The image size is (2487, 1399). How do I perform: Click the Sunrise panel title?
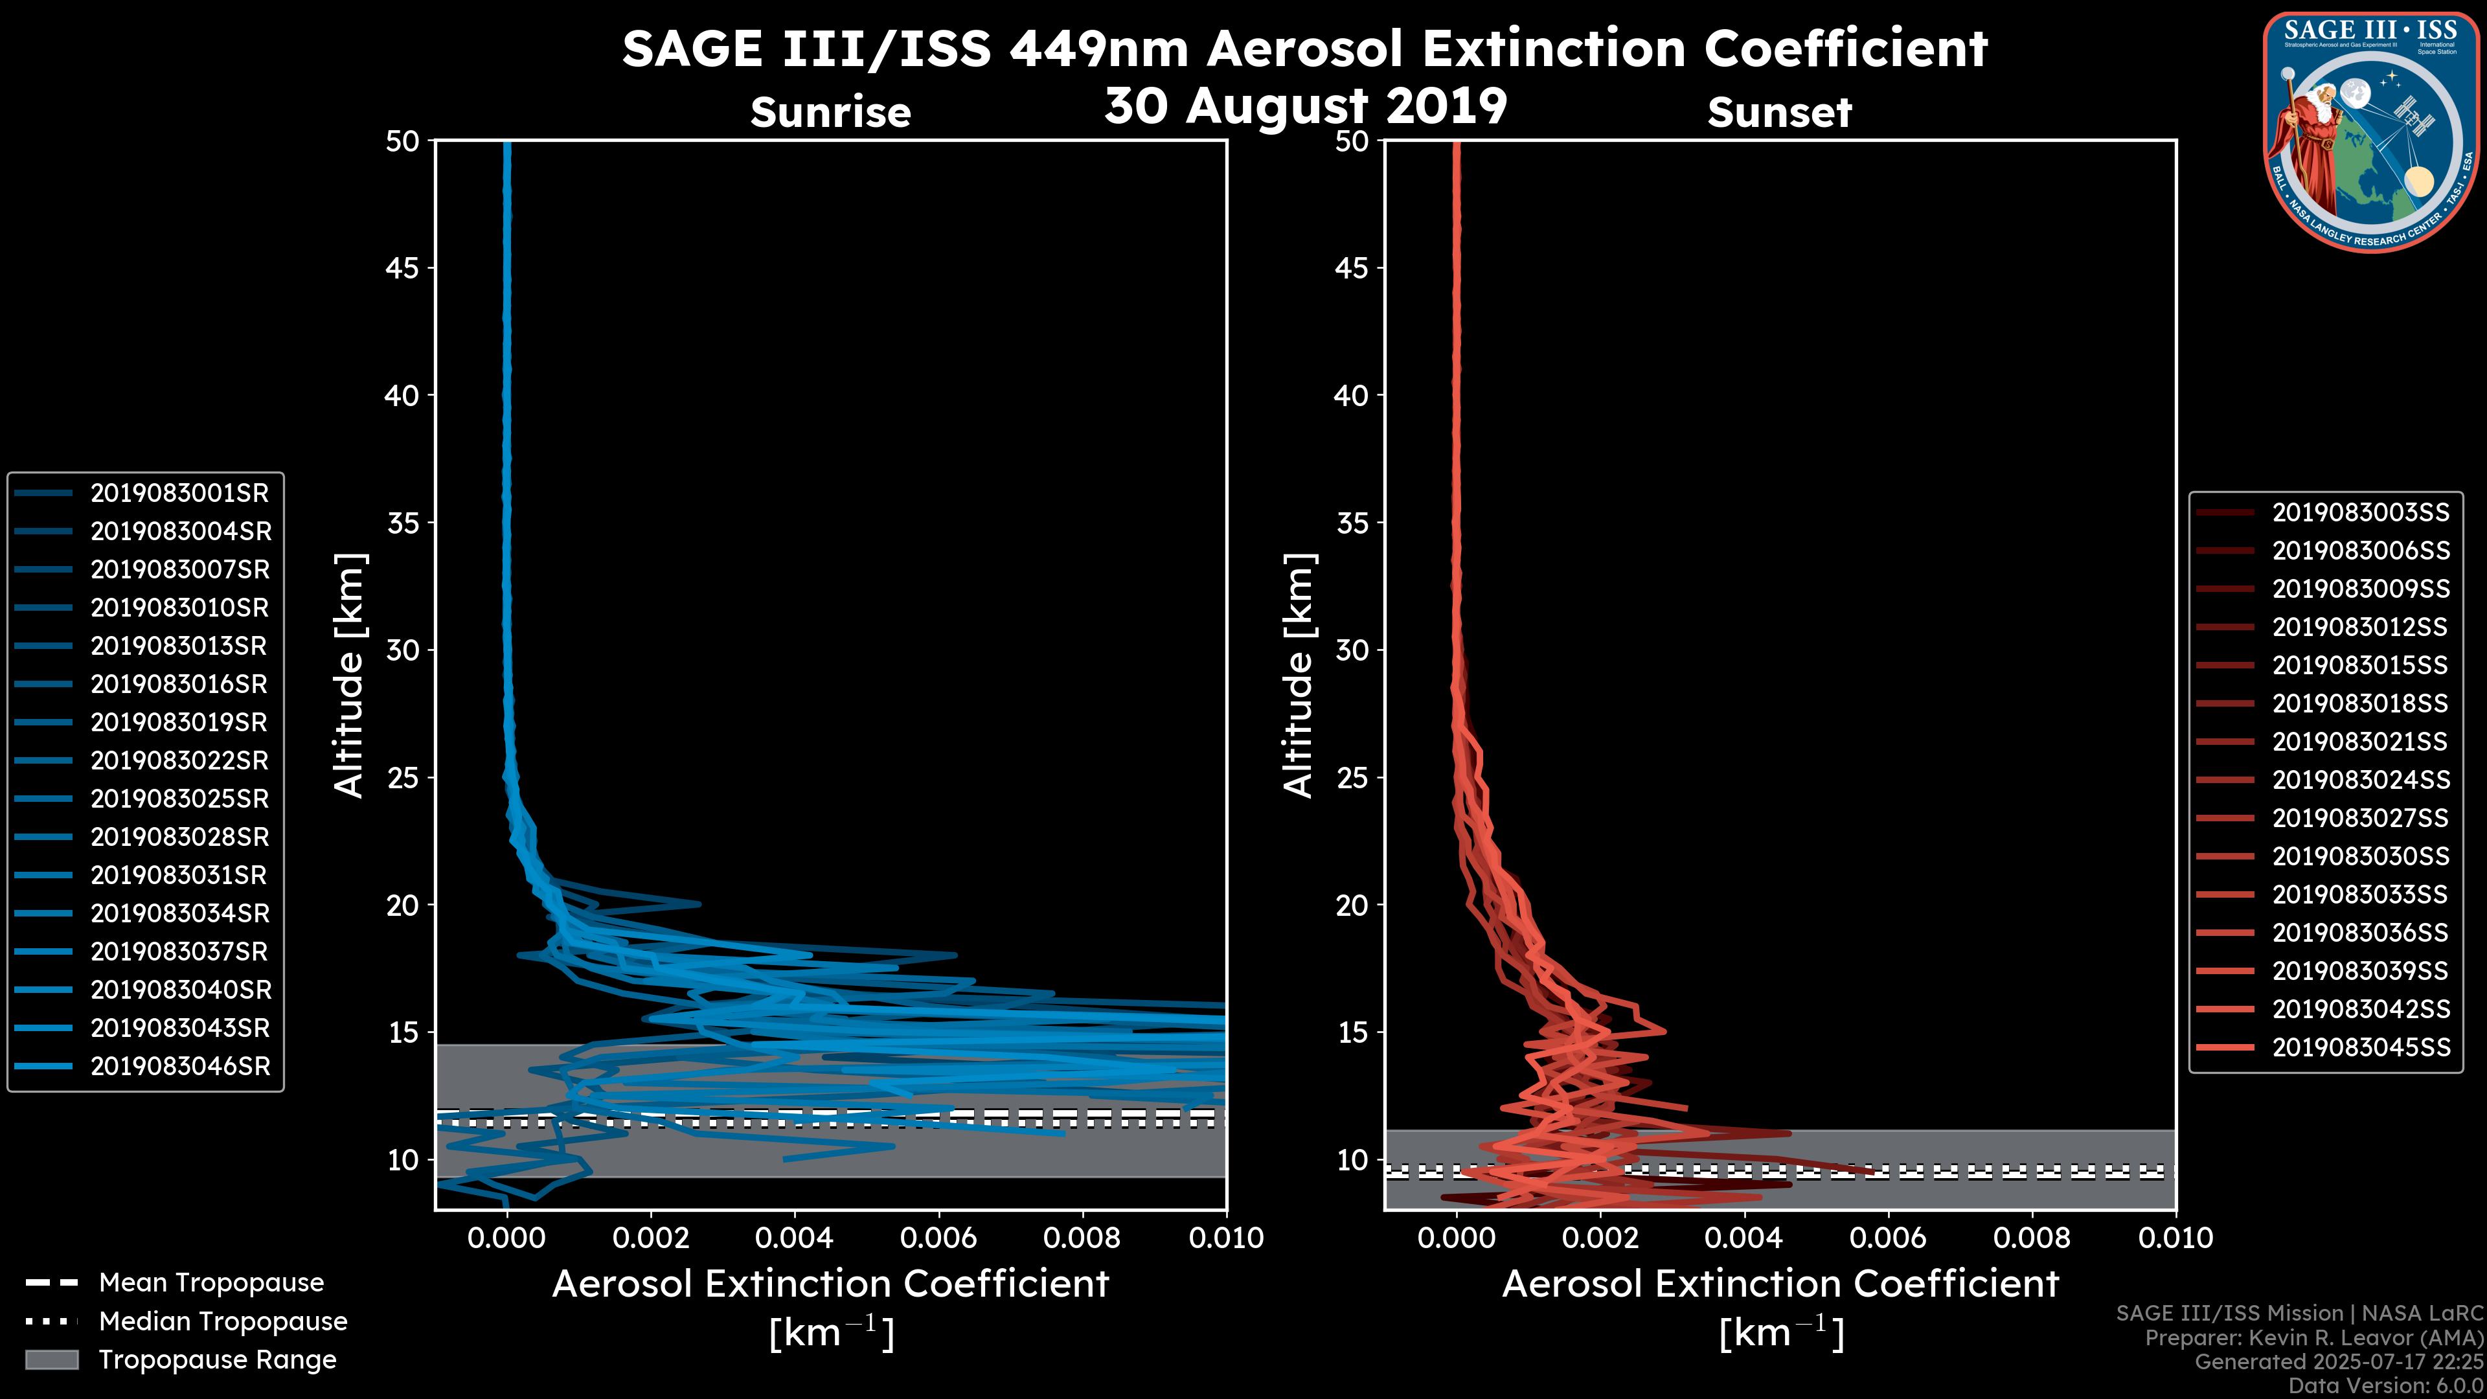pos(830,112)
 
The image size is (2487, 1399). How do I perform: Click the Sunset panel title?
pos(1779,112)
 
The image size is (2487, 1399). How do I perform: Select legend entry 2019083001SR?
pos(179,494)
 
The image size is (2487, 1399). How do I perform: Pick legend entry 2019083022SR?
pos(179,761)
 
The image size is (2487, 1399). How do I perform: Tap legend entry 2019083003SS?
pos(2361,513)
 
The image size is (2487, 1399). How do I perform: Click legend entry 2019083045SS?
pos(2361,1047)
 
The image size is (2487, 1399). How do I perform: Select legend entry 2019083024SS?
pos(2361,780)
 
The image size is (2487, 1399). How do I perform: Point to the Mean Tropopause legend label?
pos(211,1283)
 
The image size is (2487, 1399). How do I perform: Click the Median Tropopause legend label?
pos(223,1322)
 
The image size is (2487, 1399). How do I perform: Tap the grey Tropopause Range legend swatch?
pos(51,1360)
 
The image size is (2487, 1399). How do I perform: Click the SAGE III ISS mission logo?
pos(2370,132)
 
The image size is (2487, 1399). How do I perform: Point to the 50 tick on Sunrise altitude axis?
pos(403,141)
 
